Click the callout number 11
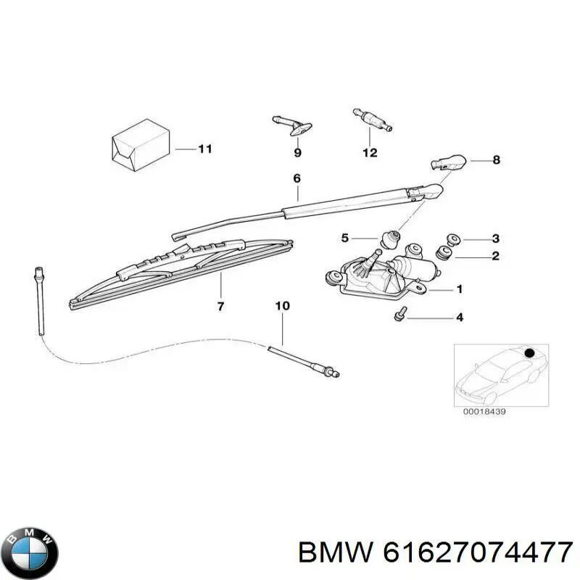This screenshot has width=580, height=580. point(204,149)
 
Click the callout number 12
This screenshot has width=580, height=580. point(370,152)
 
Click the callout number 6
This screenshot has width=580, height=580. point(297,178)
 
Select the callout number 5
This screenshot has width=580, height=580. point(345,238)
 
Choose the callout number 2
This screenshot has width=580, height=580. point(496,255)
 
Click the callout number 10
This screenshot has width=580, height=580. point(282,306)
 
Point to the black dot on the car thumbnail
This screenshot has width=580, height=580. point(529,353)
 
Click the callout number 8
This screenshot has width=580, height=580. point(496,160)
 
